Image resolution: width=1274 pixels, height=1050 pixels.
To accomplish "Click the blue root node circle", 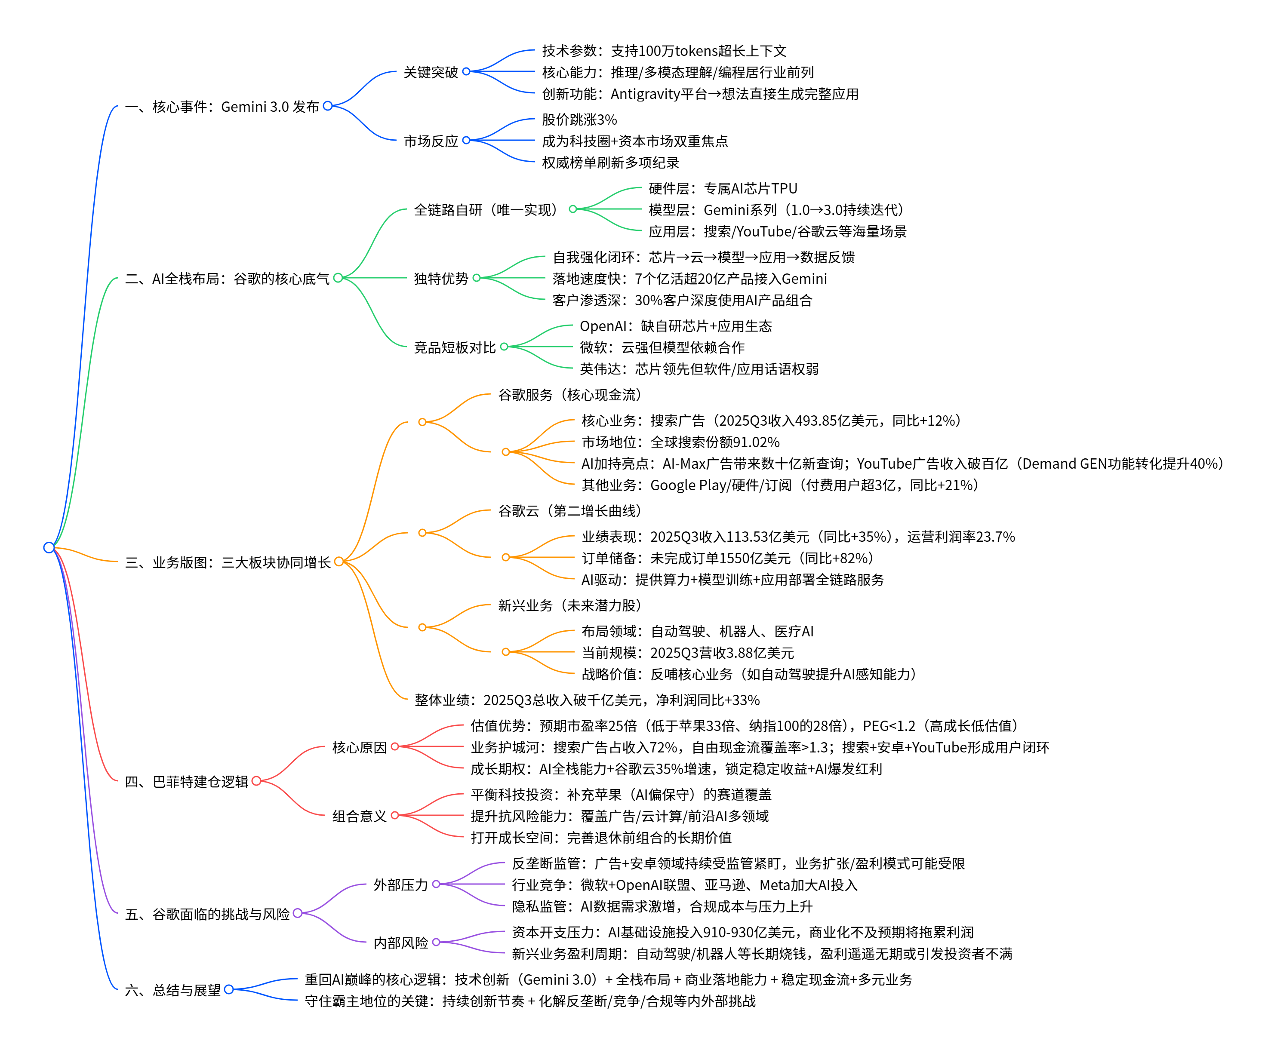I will pyautogui.click(x=49, y=547).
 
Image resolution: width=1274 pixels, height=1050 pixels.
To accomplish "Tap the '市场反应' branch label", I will pyautogui.click(x=430, y=141).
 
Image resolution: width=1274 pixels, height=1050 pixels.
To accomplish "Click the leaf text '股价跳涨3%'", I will pyautogui.click(x=579, y=120).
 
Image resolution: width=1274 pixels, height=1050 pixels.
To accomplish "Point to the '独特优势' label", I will pyautogui.click(x=440, y=278).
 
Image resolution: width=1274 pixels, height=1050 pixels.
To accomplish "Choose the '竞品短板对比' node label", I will pyautogui.click(x=454, y=347).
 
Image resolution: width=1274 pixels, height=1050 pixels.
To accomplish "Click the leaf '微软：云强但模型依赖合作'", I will pyautogui.click(x=662, y=347).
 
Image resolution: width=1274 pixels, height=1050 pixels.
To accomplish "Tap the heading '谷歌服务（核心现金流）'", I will pyautogui.click(x=569, y=395).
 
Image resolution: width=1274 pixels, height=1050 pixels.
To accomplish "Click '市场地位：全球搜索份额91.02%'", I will pyautogui.click(x=680, y=442).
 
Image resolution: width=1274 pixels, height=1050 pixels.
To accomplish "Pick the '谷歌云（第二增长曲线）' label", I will pyautogui.click(x=569, y=511).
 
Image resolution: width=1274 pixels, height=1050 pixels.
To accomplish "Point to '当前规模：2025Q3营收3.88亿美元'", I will pyautogui.click(x=687, y=653).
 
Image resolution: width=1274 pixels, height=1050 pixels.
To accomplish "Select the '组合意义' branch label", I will pyautogui.click(x=359, y=816).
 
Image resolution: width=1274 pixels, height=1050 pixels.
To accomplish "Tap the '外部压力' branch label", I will pyautogui.click(x=400, y=885).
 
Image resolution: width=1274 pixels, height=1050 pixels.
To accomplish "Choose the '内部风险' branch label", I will pyautogui.click(x=400, y=943).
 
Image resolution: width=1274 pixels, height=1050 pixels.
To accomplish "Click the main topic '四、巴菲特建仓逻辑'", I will pyautogui.click(x=186, y=781).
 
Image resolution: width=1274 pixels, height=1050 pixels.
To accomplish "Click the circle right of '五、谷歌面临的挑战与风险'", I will pyautogui.click(x=298, y=913).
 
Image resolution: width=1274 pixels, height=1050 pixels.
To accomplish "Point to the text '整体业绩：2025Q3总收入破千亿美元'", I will pyautogui.click(x=587, y=700).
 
